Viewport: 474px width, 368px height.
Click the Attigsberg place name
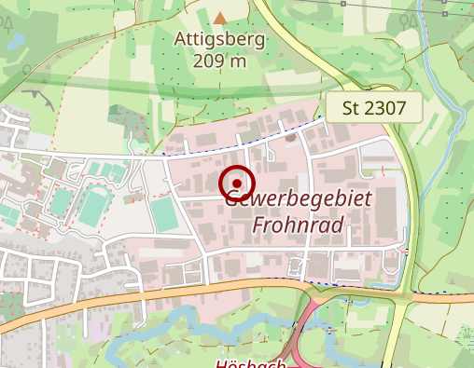(219, 40)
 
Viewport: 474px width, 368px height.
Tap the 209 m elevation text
(220, 61)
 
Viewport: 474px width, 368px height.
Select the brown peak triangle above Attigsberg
(219, 17)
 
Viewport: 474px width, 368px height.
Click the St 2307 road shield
(373, 108)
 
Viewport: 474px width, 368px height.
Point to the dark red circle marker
(237, 184)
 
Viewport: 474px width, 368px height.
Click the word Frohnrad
(299, 225)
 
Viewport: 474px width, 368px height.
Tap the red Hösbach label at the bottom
(250, 363)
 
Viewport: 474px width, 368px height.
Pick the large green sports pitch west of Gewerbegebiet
(163, 214)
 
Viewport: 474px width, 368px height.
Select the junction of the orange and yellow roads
(403, 293)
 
